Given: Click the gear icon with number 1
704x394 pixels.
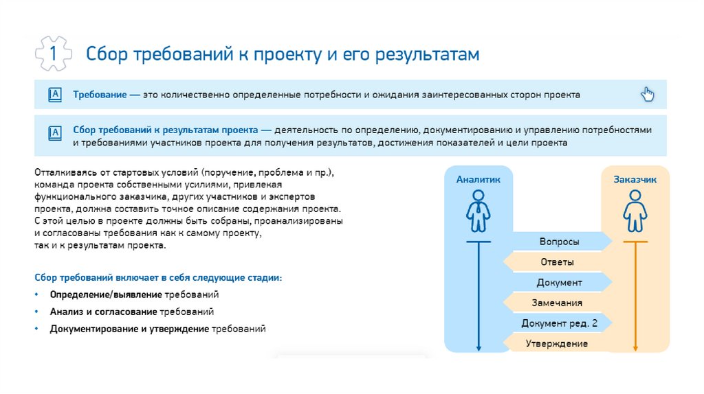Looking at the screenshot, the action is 53,54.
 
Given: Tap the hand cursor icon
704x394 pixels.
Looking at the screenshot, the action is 648,95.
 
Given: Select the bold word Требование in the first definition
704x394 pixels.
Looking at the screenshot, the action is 99,95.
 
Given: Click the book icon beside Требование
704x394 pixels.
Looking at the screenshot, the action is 55,95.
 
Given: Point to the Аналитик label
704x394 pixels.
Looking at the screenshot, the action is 478,179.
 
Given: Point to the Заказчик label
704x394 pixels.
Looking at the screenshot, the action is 635,179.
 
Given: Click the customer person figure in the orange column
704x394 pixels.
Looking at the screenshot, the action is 635,211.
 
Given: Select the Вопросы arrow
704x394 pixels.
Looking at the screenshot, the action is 558,242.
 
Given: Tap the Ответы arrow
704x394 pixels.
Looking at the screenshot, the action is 557,262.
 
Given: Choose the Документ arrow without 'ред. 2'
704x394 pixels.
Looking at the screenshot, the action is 558,283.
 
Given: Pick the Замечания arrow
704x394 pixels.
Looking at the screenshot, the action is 557,303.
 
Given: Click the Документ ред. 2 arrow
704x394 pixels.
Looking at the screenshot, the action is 558,323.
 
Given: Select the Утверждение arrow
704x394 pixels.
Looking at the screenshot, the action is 557,343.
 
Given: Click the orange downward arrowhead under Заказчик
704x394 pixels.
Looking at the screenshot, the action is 635,347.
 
